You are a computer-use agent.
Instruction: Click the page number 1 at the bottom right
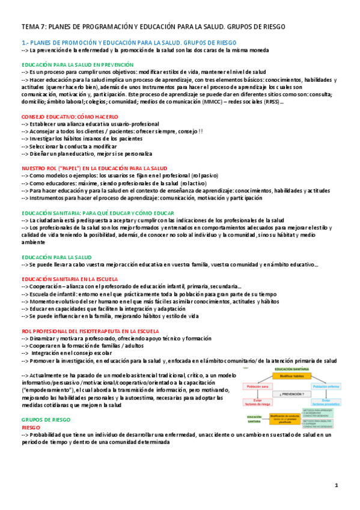click(x=337, y=485)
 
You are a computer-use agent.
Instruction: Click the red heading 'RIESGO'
click(x=31, y=411)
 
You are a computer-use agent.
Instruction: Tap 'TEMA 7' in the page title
click(x=32, y=27)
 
